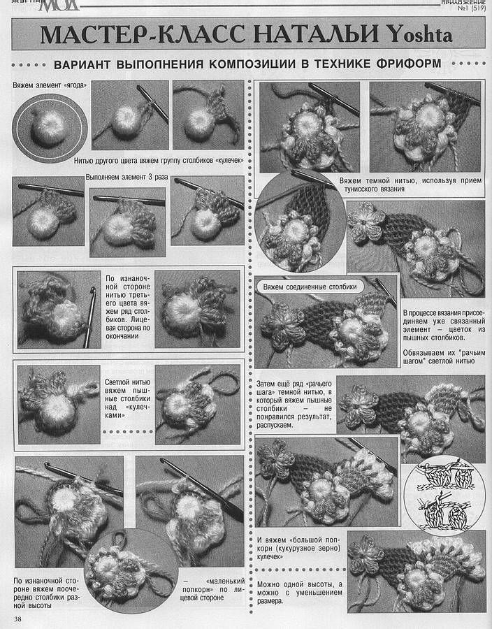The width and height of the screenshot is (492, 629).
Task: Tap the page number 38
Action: tap(17, 619)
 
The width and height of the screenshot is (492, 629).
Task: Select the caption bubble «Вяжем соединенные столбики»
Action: tap(310, 287)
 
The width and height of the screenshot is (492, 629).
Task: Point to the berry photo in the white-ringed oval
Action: tap(50, 129)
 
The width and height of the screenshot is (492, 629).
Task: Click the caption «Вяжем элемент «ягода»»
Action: tap(50, 85)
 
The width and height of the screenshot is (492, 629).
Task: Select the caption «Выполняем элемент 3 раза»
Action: tap(126, 177)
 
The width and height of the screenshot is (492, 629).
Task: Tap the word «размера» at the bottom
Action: tap(270, 601)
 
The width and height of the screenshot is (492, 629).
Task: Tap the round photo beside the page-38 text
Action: tap(131, 571)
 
